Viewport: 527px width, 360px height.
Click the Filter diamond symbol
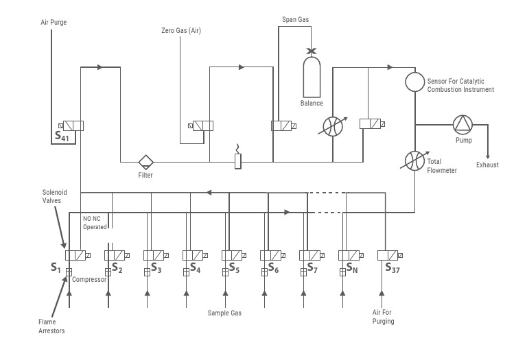click(145, 162)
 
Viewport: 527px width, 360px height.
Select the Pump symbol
click(462, 124)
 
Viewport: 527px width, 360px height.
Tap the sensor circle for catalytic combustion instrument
click(414, 82)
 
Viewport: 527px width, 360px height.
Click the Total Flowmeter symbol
click(414, 162)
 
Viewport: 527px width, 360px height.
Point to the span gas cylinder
click(311, 77)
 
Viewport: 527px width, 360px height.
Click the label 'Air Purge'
click(54, 23)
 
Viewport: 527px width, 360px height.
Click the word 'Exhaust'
click(487, 165)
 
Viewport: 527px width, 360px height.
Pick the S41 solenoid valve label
click(62, 136)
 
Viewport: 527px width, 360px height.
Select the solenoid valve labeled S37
click(390, 255)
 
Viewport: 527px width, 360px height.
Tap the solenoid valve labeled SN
click(351, 255)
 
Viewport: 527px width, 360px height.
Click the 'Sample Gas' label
click(224, 313)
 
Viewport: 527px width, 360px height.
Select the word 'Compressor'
click(89, 280)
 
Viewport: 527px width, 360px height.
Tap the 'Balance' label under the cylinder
click(311, 104)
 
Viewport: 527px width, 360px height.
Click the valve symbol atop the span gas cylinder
click(311, 51)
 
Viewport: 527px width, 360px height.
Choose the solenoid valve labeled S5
click(233, 255)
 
